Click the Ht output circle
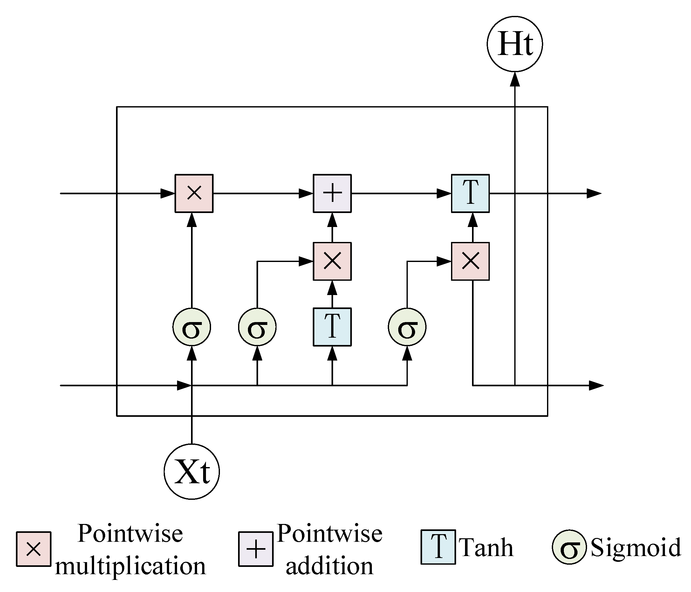pos(515,44)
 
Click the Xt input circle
pos(192,472)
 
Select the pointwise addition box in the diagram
pos(332,193)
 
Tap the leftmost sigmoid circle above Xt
pos(192,327)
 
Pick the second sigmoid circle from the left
pos(257,327)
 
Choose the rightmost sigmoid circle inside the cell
pos(407,327)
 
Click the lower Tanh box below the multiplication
pos(332,327)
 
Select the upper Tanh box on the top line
pos(470,193)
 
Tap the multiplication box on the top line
pos(194,193)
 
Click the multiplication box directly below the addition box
pos(332,261)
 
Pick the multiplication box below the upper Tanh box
pos(470,261)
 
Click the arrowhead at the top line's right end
pos(594,193)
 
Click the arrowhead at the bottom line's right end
pos(596,386)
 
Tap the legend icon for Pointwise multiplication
pos(34,549)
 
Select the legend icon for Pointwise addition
pos(256,549)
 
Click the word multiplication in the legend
pos(130,566)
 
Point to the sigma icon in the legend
pos(569,549)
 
